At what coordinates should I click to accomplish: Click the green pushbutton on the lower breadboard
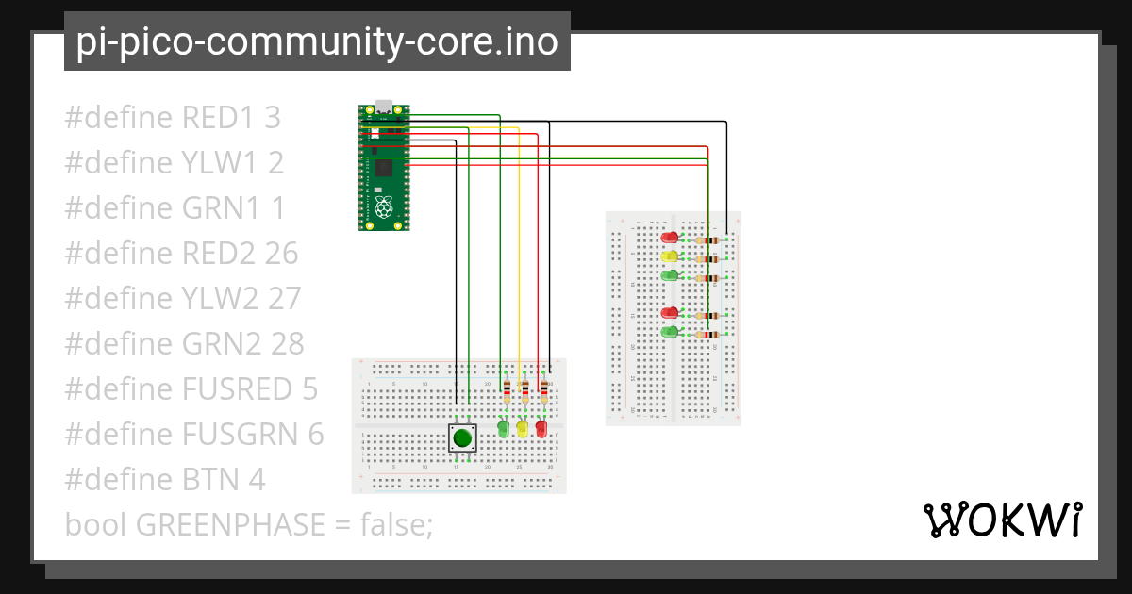click(461, 437)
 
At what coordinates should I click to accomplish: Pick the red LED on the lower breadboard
click(541, 429)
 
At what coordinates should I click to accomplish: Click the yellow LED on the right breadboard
click(670, 256)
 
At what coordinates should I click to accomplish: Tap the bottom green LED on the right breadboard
click(670, 331)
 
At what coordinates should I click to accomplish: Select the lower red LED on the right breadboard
click(670, 312)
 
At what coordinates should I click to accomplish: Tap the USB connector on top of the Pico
click(383, 107)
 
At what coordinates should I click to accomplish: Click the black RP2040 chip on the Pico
click(383, 169)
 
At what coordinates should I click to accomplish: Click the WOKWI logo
click(1001, 520)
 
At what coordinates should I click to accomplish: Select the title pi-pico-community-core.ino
click(317, 41)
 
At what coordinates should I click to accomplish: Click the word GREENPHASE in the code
click(231, 525)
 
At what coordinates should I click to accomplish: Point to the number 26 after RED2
click(280, 254)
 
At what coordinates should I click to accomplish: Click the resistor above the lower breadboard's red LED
click(544, 389)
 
